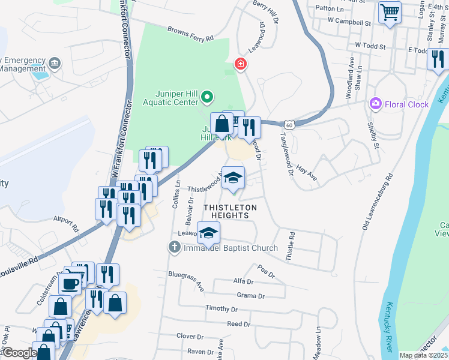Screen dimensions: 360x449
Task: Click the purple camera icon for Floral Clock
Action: pyautogui.click(x=376, y=104)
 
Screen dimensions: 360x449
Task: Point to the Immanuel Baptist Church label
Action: pyautogui.click(x=231, y=248)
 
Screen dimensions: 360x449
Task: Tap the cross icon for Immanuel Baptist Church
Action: pyautogui.click(x=174, y=247)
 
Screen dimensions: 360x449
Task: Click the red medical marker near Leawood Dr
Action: pyautogui.click(x=240, y=64)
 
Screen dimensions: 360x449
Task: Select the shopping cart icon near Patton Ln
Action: pyautogui.click(x=390, y=11)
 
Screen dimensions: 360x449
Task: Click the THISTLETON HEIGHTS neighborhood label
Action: pyautogui.click(x=231, y=212)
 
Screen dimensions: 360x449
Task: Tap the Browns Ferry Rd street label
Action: pyautogui.click(x=190, y=34)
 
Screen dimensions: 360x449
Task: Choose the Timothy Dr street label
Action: pyautogui.click(x=221, y=308)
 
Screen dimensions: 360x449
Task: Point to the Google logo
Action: pyautogui.click(x=19, y=353)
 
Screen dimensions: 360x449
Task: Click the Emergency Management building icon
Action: pyautogui.click(x=55, y=62)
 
